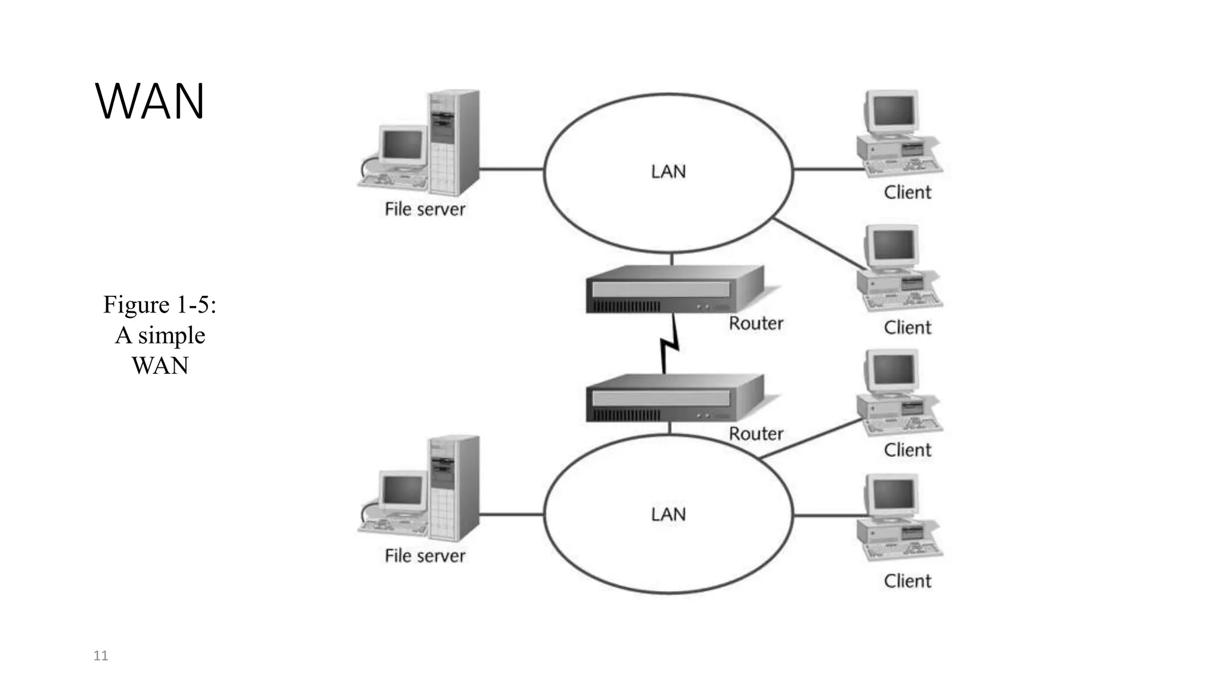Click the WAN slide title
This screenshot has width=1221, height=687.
[150, 101]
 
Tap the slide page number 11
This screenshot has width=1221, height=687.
[101, 656]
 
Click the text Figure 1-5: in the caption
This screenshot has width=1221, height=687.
[160, 305]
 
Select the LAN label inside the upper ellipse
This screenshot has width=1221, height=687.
[668, 172]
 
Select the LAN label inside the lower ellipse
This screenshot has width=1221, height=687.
[668, 514]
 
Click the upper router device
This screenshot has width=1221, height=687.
[674, 289]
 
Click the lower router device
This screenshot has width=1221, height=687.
[674, 398]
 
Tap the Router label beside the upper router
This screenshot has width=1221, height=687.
[756, 323]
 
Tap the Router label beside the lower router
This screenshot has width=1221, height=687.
[756, 434]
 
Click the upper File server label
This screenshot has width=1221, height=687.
[424, 209]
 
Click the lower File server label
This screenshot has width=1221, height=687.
[424, 556]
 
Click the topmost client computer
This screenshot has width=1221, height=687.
[898, 134]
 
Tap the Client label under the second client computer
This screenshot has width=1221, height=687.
[907, 327]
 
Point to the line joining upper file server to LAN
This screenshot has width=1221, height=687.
[512, 169]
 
